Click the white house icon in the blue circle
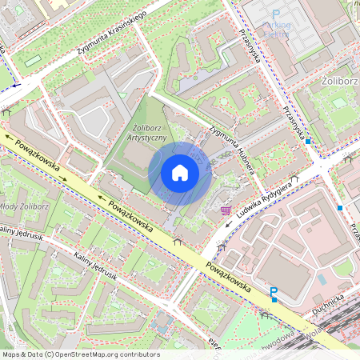click(180, 173)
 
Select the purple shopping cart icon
click(226, 210)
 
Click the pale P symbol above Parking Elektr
click(276, 15)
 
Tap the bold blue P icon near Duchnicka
click(274, 293)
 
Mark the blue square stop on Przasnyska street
click(308, 141)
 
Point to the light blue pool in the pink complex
click(321, 280)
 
